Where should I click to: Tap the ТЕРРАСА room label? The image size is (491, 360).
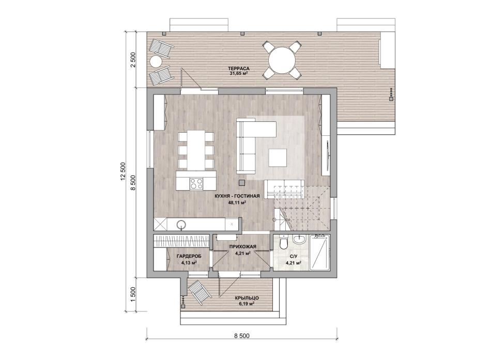(239, 69)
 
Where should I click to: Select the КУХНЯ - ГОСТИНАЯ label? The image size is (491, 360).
(237, 196)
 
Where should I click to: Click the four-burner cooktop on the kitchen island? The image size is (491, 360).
(196, 183)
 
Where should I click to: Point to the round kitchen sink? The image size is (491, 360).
(181, 224)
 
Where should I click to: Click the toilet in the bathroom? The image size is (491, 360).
(284, 243)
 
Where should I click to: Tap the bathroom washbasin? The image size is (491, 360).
(300, 240)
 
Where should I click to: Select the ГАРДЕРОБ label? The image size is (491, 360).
(189, 256)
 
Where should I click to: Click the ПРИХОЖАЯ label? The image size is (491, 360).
(243, 247)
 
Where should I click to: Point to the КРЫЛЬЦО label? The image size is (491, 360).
(247, 298)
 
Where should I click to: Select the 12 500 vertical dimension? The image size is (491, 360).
(123, 172)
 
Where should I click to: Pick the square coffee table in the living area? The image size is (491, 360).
(278, 158)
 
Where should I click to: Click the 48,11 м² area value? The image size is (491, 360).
(237, 202)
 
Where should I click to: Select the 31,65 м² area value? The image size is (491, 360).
(239, 74)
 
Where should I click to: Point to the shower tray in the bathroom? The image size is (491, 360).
(319, 253)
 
